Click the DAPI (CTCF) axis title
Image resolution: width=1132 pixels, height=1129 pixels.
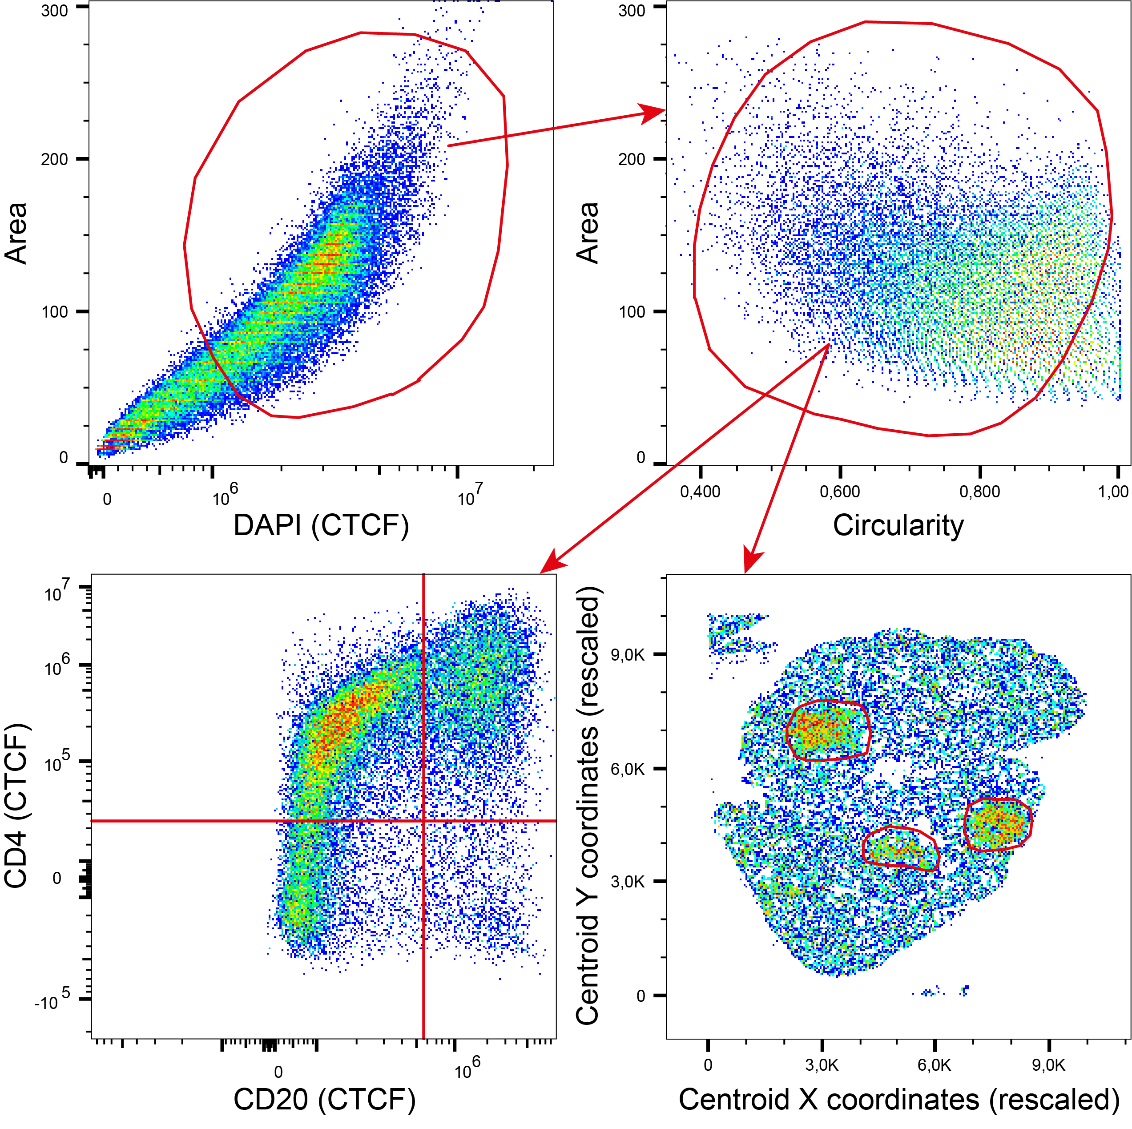(x=321, y=525)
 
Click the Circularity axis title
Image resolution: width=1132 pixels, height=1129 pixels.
(x=898, y=525)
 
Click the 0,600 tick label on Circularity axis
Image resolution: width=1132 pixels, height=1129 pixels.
(x=840, y=492)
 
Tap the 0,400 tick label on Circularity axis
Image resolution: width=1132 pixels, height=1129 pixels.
(x=700, y=492)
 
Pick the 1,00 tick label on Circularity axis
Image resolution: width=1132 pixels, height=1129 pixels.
(x=1113, y=492)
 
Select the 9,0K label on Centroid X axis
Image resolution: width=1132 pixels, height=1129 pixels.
(x=1049, y=1064)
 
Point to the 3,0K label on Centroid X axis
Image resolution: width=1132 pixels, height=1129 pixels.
(x=822, y=1064)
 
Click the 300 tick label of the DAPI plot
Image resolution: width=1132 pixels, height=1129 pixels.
(x=55, y=11)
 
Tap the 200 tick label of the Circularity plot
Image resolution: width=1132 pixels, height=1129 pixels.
(x=632, y=159)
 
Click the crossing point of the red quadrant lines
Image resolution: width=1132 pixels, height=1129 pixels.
(x=423, y=821)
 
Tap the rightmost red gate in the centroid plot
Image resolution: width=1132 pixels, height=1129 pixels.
(x=998, y=824)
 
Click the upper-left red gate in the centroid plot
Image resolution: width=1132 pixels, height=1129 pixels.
(x=827, y=730)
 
